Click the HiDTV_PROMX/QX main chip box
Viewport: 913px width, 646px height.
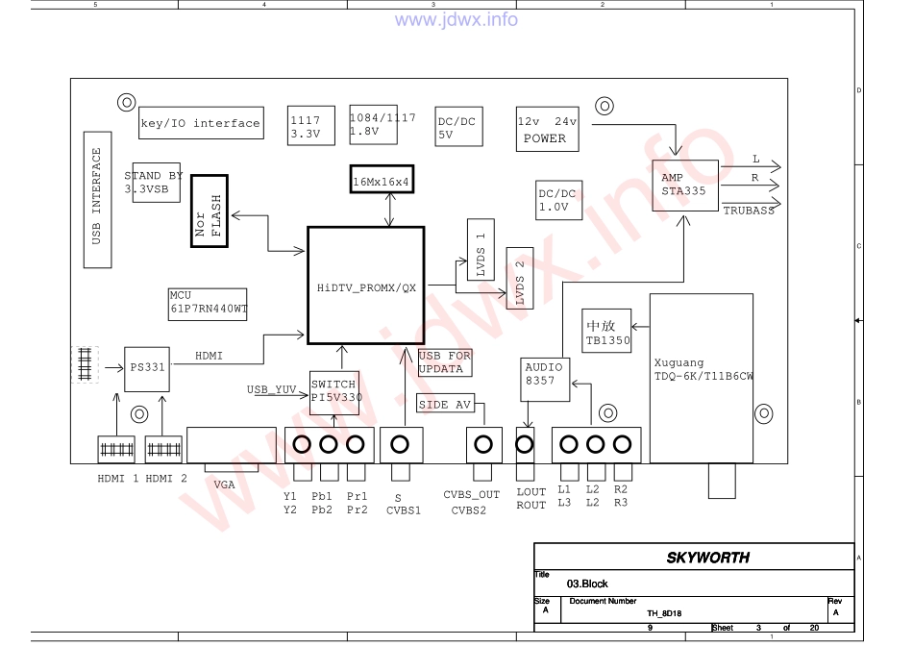click(x=365, y=286)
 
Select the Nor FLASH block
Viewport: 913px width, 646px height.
click(x=210, y=211)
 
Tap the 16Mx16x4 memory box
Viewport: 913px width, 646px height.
click(x=382, y=180)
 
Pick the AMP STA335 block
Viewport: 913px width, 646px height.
click(x=684, y=186)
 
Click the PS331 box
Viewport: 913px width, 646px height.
click(x=147, y=369)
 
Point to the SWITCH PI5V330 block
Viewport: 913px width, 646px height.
click(x=334, y=392)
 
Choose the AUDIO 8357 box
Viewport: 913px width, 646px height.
click(x=544, y=379)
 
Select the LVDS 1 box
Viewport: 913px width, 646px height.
click(x=481, y=249)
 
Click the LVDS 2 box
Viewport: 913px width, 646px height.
click(x=520, y=278)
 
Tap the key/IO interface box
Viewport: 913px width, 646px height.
click(x=201, y=123)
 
